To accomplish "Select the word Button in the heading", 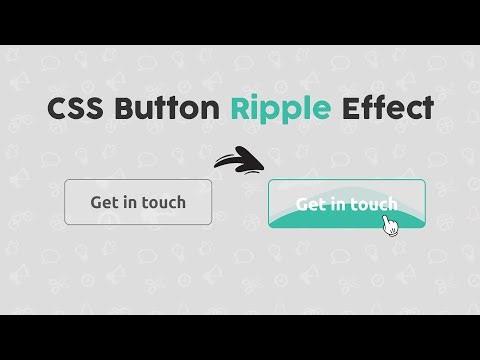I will [168, 108].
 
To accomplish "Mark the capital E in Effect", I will [351, 108].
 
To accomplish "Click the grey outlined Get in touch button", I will [138, 202].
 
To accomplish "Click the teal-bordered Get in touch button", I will [346, 204].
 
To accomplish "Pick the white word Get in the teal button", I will [311, 205].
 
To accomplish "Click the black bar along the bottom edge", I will [240, 338].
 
